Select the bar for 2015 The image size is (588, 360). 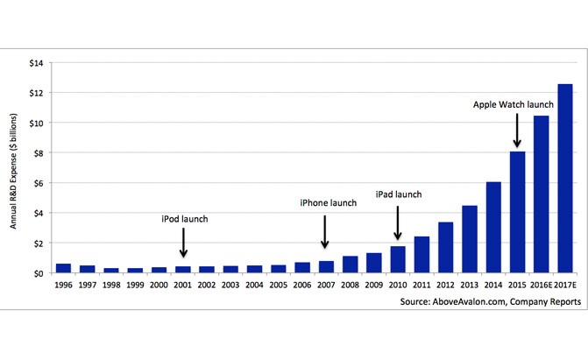(x=517, y=212)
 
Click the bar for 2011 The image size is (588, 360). (x=422, y=255)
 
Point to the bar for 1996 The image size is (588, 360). (x=63, y=268)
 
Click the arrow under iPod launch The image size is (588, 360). (x=183, y=243)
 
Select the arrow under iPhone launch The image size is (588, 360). (x=326, y=233)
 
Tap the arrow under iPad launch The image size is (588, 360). (x=398, y=223)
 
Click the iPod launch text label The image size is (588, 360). (x=186, y=217)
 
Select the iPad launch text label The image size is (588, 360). (x=400, y=194)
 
